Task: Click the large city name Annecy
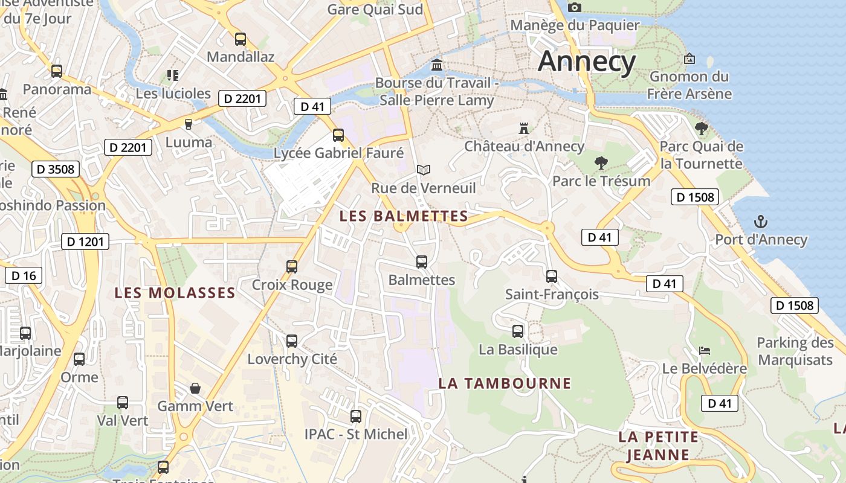[x=587, y=62]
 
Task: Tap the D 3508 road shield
[x=56, y=169]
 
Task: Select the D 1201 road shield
[x=85, y=242]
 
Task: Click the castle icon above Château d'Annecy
[x=524, y=129]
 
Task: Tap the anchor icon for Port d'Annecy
[x=761, y=222]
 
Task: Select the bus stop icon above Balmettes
[x=422, y=262]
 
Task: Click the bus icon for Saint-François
[x=552, y=277]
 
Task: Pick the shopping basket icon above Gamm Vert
[x=195, y=388]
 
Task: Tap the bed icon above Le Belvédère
[x=704, y=350]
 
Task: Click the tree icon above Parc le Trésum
[x=601, y=162]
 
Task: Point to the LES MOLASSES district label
[x=175, y=293]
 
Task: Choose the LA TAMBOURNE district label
[x=505, y=383]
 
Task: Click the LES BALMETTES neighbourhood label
[x=404, y=216]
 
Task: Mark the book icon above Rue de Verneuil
[x=424, y=170]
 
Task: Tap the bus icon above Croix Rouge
[x=292, y=266]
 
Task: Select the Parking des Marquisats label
[x=795, y=351]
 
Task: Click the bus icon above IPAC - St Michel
[x=356, y=416]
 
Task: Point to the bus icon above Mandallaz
[x=241, y=39]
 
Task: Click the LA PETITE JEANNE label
[x=658, y=446]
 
